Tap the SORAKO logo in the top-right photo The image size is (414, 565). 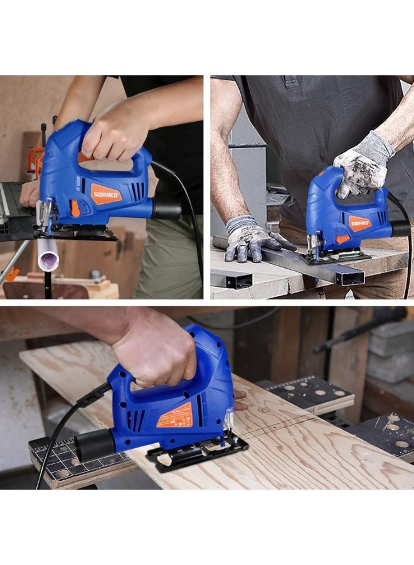point(360,223)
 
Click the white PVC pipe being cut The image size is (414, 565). point(48,255)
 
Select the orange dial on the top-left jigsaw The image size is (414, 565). point(75,208)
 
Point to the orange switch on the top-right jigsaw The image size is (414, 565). point(342,239)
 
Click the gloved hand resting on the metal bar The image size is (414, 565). point(251,239)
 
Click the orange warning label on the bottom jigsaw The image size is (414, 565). point(174,416)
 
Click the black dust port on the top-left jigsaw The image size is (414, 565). point(167,209)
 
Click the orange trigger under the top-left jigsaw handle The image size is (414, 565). point(84,158)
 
